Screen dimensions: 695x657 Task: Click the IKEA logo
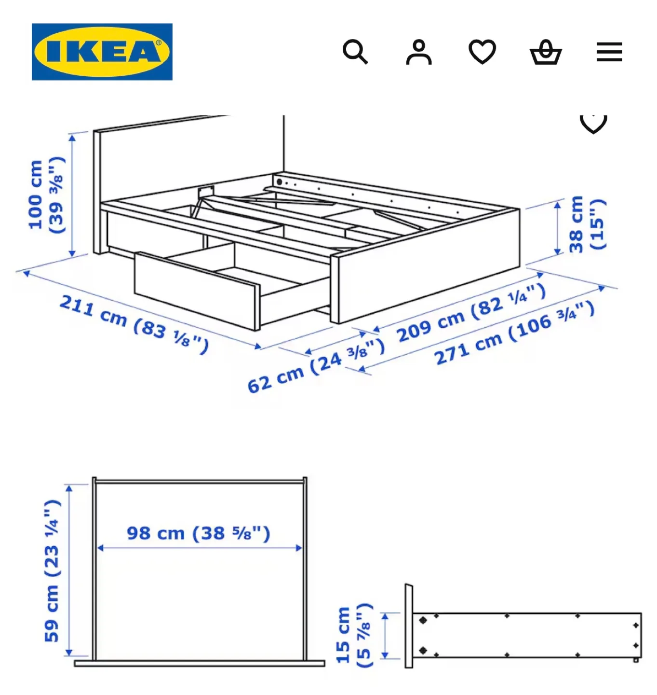(102, 52)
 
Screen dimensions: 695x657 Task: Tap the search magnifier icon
(355, 52)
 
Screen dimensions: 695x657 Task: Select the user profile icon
(419, 52)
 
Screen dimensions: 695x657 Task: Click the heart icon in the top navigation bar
(483, 51)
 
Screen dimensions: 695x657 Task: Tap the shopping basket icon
(546, 52)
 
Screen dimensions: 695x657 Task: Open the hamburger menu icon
(609, 52)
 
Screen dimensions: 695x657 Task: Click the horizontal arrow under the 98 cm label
(200, 548)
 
